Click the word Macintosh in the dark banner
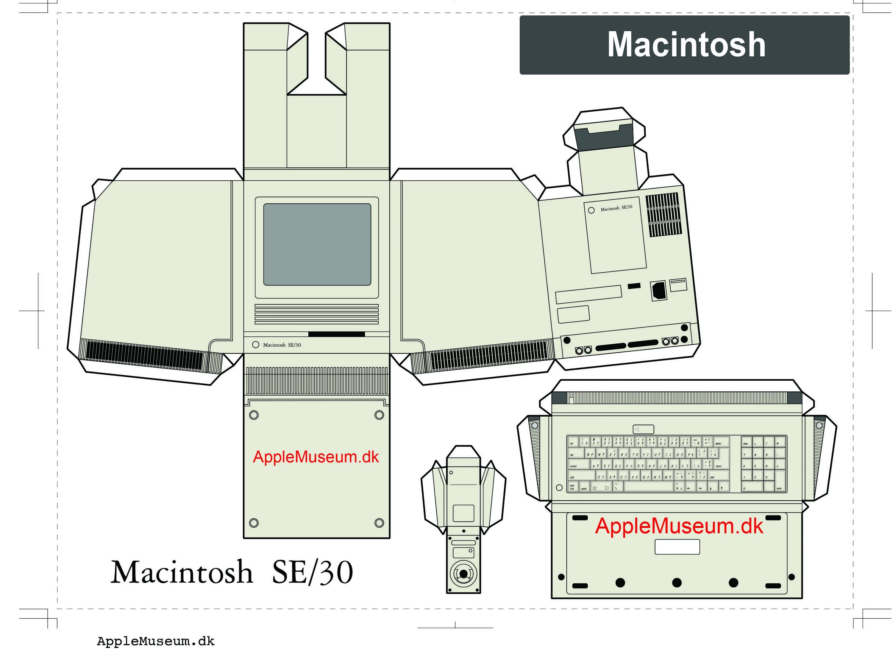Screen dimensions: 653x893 pyautogui.click(x=686, y=44)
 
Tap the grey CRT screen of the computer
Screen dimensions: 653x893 pyautogui.click(x=317, y=244)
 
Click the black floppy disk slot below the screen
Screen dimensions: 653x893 pyautogui.click(x=336, y=334)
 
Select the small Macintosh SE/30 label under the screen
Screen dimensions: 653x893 pyautogui.click(x=282, y=345)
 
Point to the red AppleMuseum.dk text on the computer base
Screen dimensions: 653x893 pyautogui.click(x=316, y=457)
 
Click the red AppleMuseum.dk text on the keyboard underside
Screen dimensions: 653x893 pyautogui.click(x=679, y=526)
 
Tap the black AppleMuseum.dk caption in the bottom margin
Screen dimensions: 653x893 pyautogui.click(x=155, y=641)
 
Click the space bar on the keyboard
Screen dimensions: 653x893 pyautogui.click(x=648, y=487)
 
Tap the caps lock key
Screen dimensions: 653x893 pyautogui.click(x=572, y=487)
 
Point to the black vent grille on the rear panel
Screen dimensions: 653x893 pyautogui.click(x=664, y=215)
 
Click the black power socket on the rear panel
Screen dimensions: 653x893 pyautogui.click(x=658, y=290)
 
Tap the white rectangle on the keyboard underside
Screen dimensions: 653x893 pyautogui.click(x=677, y=547)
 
